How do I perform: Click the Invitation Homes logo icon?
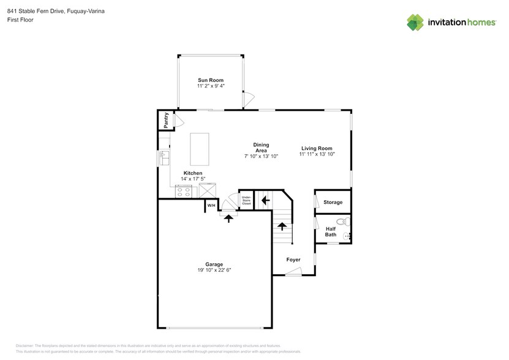[416, 22]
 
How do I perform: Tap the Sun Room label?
[210, 80]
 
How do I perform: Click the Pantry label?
[165, 120]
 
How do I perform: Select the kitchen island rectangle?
[199, 149]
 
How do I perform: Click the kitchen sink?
[164, 158]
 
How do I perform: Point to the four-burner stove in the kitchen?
[184, 191]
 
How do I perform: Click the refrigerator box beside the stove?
[209, 191]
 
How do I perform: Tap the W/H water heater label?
[211, 205]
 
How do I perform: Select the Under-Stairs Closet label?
[246, 200]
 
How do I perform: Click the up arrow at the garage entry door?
[228, 217]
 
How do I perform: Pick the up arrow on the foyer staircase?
[282, 226]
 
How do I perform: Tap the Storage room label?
[333, 202]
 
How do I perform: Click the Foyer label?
[293, 260]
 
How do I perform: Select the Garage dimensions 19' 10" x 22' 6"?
[214, 270]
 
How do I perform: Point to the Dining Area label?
[261, 148]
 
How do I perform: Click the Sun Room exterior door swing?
[248, 99]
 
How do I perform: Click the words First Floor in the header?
[21, 20]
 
